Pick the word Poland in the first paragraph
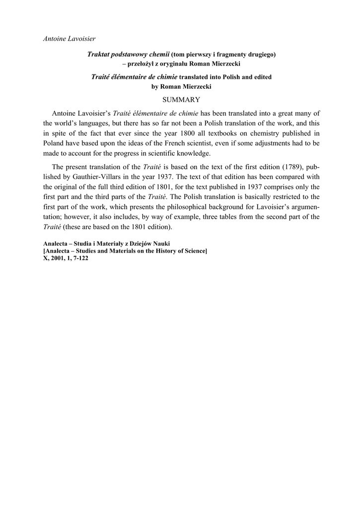[54, 143]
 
